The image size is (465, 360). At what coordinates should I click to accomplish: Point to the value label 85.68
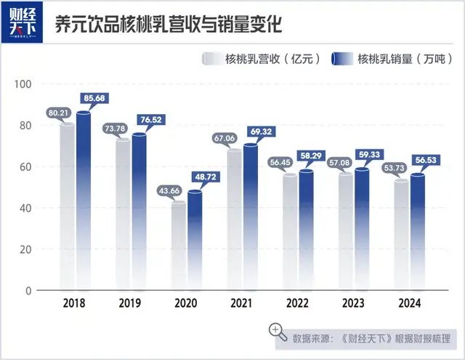pos(94,99)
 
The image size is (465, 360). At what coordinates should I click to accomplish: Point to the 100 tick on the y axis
pos(23,84)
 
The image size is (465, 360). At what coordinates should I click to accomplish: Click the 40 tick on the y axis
pos(25,208)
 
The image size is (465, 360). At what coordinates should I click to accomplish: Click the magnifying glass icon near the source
pos(277,332)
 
